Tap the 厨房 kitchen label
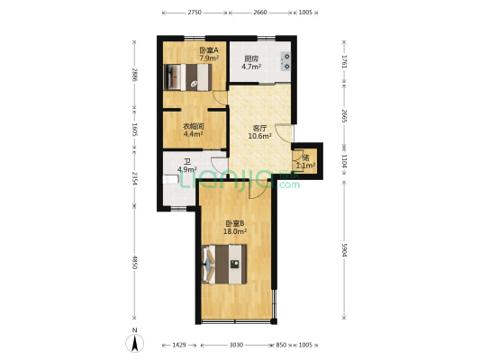(251, 59)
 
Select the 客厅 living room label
(260, 128)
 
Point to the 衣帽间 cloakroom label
(193, 127)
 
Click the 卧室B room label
(235, 223)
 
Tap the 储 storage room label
(305, 158)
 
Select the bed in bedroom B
(225, 264)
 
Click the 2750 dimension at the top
(194, 13)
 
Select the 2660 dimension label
(259, 13)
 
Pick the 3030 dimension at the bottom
(235, 345)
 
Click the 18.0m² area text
(235, 231)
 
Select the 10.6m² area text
(260, 136)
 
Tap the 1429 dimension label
(179, 345)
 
